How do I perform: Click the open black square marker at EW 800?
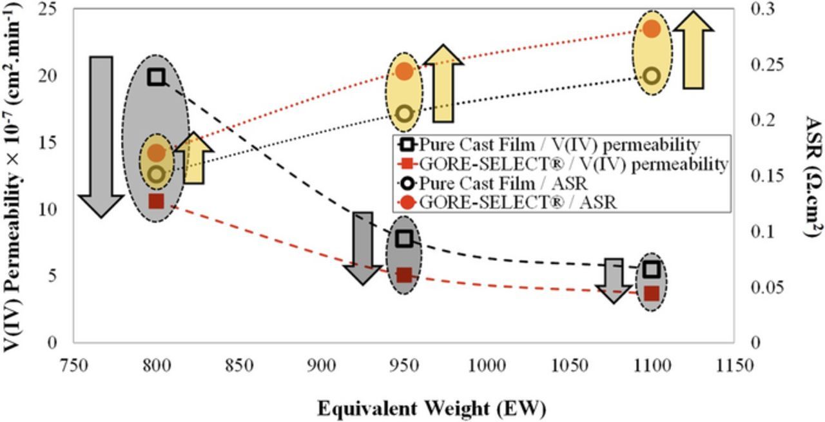click(156, 77)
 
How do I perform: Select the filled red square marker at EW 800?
click(156, 201)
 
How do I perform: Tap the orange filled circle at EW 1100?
click(652, 29)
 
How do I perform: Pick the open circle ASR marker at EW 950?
click(404, 113)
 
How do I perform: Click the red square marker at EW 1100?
click(652, 293)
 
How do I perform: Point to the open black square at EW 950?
click(404, 239)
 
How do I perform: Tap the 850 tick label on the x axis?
click(239, 365)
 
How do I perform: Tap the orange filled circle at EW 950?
click(404, 72)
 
